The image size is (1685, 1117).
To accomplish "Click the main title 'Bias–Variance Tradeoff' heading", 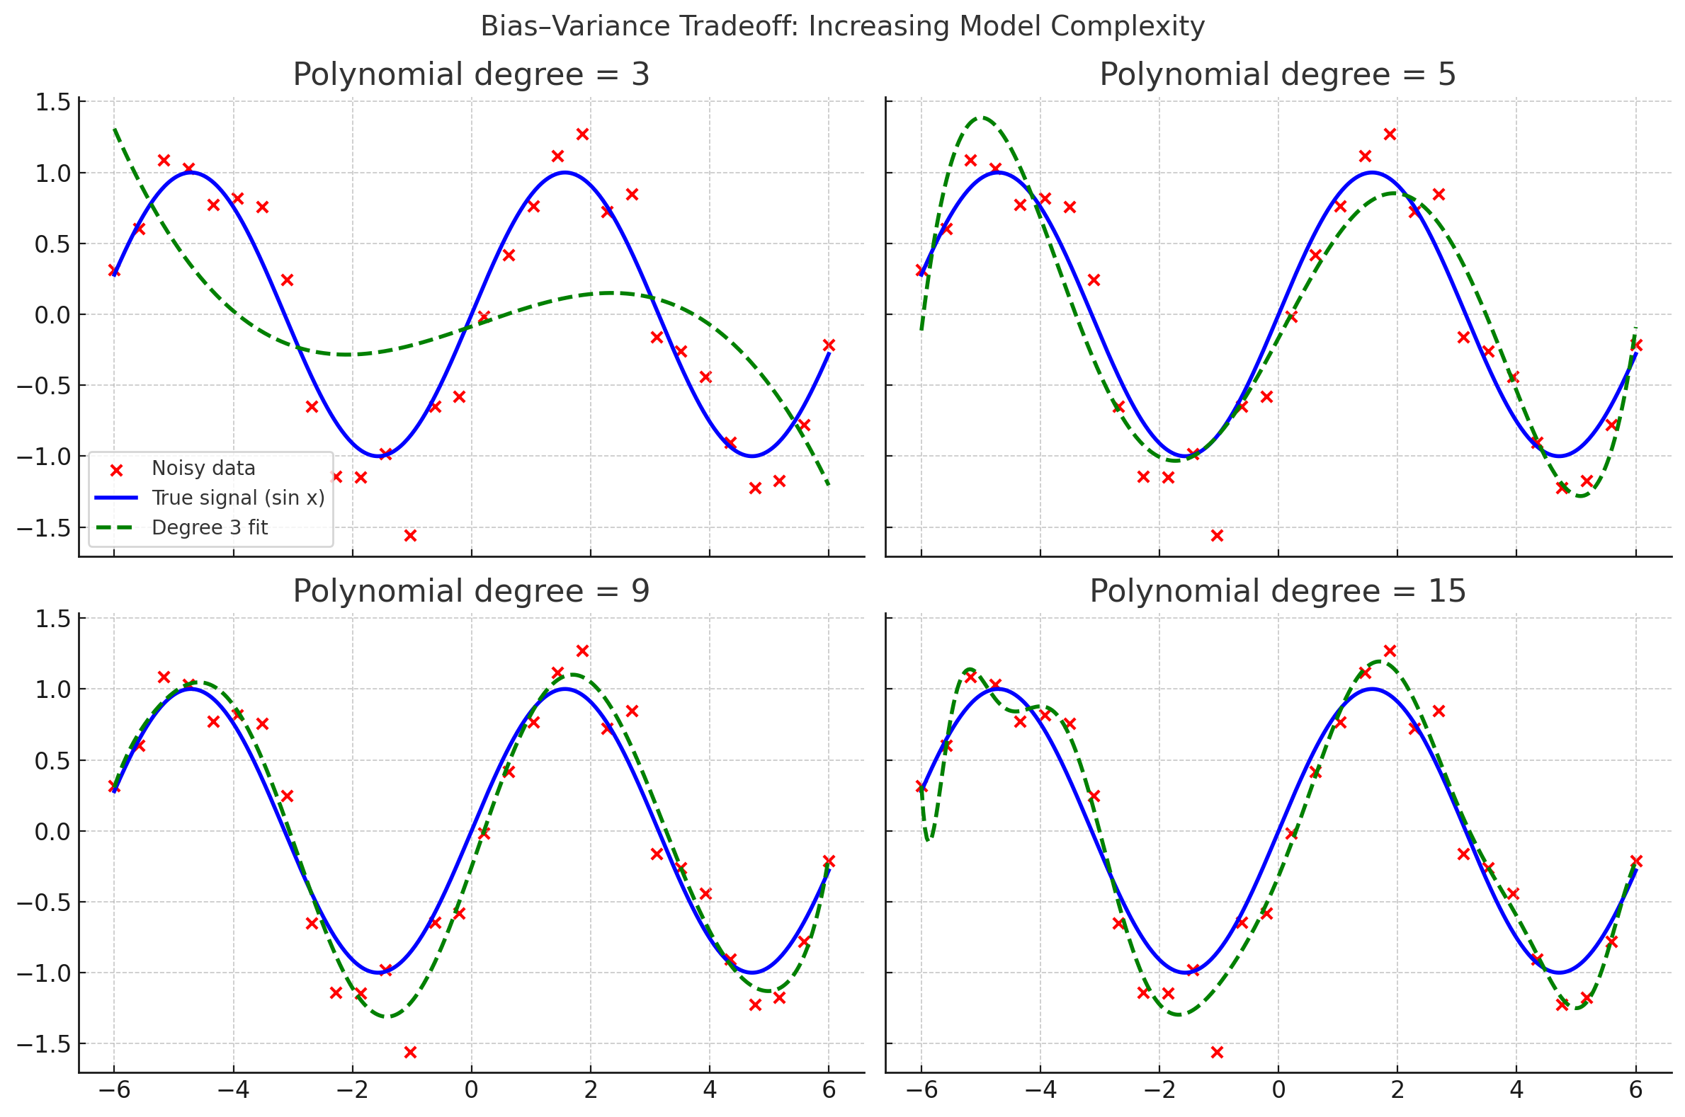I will (x=841, y=26).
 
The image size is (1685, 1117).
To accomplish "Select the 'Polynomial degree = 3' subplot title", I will (x=471, y=75).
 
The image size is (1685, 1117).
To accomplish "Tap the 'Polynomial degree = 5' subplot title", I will (x=1277, y=75).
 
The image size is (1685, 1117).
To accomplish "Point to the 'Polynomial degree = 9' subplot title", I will (x=471, y=591).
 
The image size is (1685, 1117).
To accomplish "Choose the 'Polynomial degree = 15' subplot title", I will (x=1277, y=591).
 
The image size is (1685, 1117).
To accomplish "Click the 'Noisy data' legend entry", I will (x=203, y=469).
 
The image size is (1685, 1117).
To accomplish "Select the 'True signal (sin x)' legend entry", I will (x=238, y=498).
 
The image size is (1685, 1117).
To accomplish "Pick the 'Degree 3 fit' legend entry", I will (x=210, y=528).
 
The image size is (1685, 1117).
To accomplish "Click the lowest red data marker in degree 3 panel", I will (x=410, y=536).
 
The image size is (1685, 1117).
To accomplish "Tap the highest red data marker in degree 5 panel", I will (x=1389, y=134).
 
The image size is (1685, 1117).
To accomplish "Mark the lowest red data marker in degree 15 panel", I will (x=1217, y=1052).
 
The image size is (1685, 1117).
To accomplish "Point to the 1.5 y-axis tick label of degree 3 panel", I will (x=52, y=103).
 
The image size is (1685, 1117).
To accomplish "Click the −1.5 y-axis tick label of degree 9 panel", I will (x=44, y=1044).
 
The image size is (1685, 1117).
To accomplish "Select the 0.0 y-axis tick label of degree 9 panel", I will (x=52, y=831).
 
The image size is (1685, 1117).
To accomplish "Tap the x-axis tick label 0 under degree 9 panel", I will (x=471, y=1090).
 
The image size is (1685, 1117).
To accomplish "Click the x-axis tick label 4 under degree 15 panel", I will (x=1516, y=1090).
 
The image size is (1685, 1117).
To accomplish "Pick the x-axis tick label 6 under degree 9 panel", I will (x=828, y=1090).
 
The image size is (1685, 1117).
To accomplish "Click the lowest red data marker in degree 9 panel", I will (x=410, y=1052).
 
